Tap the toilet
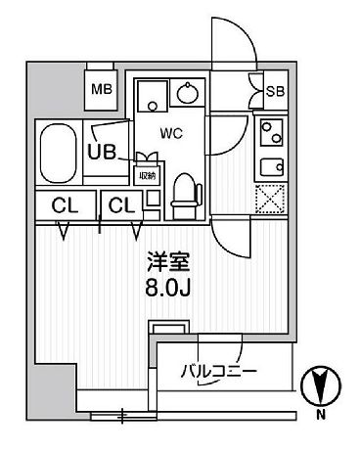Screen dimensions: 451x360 tap(185, 196)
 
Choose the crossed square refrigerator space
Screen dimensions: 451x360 tap(270, 200)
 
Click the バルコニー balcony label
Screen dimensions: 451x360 tap(218, 372)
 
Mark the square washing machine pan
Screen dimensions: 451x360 tap(151, 95)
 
